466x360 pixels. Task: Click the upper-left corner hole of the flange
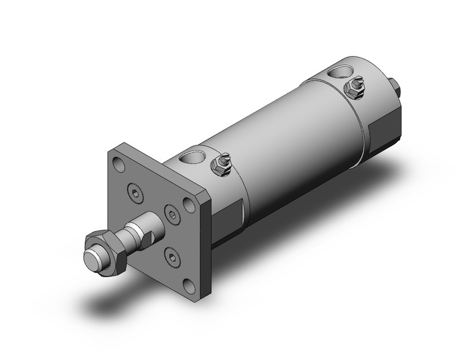[x=118, y=164]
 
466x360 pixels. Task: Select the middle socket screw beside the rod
[x=172, y=214]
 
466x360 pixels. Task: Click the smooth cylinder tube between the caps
[x=288, y=147]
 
